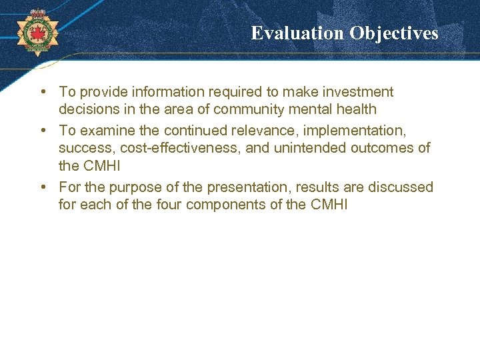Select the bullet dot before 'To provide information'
[x=42, y=92]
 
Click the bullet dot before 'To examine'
[x=42, y=131]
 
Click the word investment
[x=359, y=92]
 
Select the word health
[x=357, y=109]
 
